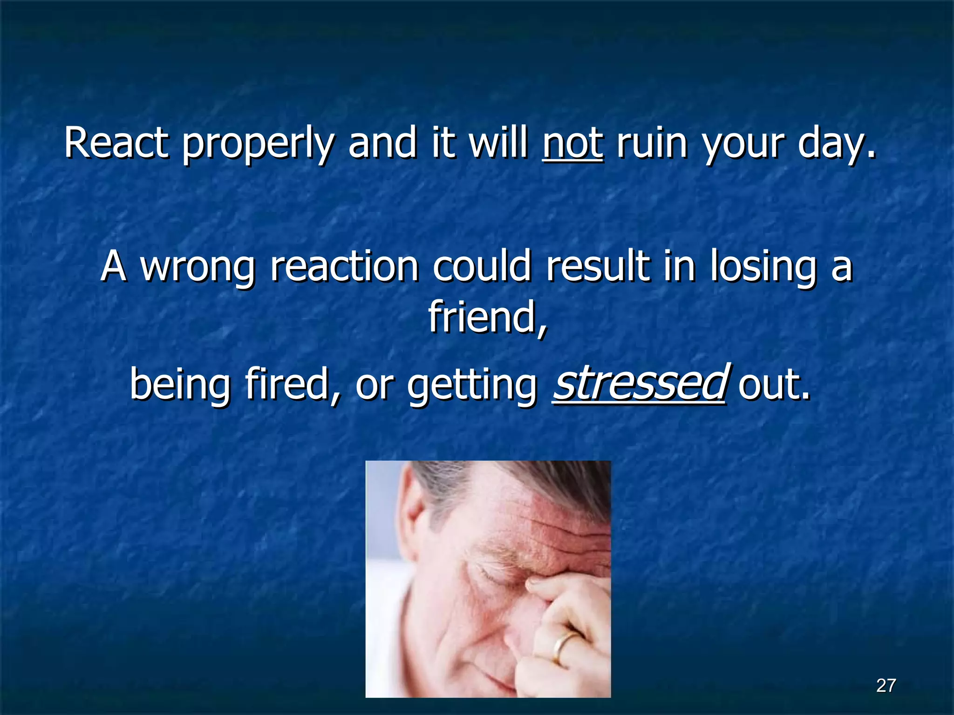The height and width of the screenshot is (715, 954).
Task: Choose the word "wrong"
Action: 198,267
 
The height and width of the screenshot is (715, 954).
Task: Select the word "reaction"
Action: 345,266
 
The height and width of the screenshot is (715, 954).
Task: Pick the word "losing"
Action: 763,267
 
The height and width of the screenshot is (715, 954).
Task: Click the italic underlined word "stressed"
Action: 639,383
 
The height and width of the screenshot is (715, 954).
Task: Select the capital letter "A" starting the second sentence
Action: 114,266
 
